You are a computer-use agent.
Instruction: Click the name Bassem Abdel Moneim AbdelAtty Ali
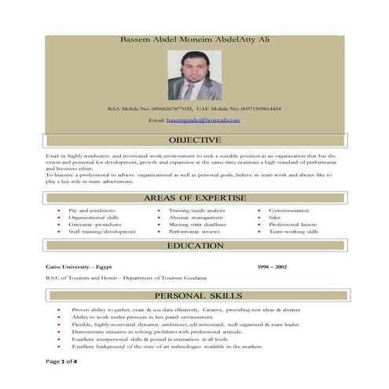[x=195, y=39]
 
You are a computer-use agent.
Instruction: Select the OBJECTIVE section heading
[x=195, y=141]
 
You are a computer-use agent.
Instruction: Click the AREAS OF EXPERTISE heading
[x=195, y=198]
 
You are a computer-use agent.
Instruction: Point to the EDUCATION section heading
[x=195, y=246]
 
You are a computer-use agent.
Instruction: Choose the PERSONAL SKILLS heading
[x=195, y=295]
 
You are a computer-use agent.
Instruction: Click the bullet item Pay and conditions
[x=92, y=211]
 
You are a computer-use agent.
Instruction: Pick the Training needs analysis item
[x=196, y=211]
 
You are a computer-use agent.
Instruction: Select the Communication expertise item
[x=290, y=211]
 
